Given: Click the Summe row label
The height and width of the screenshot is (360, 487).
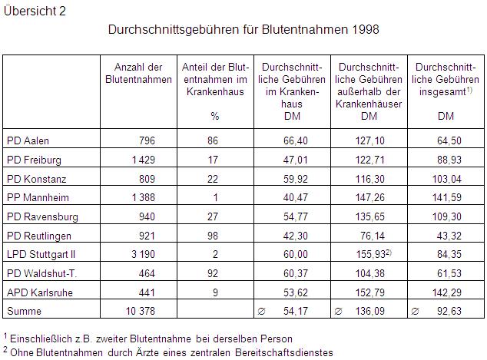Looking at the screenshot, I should [x=23, y=312].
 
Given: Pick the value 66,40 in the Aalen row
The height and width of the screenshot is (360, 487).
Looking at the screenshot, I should [x=306, y=141].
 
